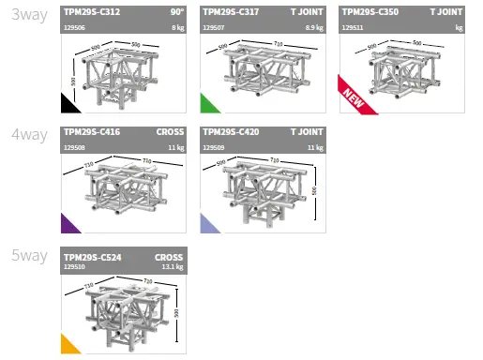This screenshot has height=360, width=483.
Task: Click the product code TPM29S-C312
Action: [91, 13]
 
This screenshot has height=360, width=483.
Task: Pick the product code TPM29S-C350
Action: [370, 13]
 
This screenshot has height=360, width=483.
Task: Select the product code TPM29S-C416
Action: [91, 133]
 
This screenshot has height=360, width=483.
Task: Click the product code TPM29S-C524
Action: [91, 256]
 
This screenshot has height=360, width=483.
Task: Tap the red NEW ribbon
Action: [355, 97]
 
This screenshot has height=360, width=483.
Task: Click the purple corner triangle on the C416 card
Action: [68, 225]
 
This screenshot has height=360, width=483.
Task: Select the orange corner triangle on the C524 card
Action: [68, 347]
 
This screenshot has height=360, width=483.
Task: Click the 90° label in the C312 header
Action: [175, 13]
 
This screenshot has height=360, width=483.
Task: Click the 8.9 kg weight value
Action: [314, 29]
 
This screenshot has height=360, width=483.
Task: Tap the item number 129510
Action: [73, 267]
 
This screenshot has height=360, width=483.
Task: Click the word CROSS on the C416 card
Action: [170, 133]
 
